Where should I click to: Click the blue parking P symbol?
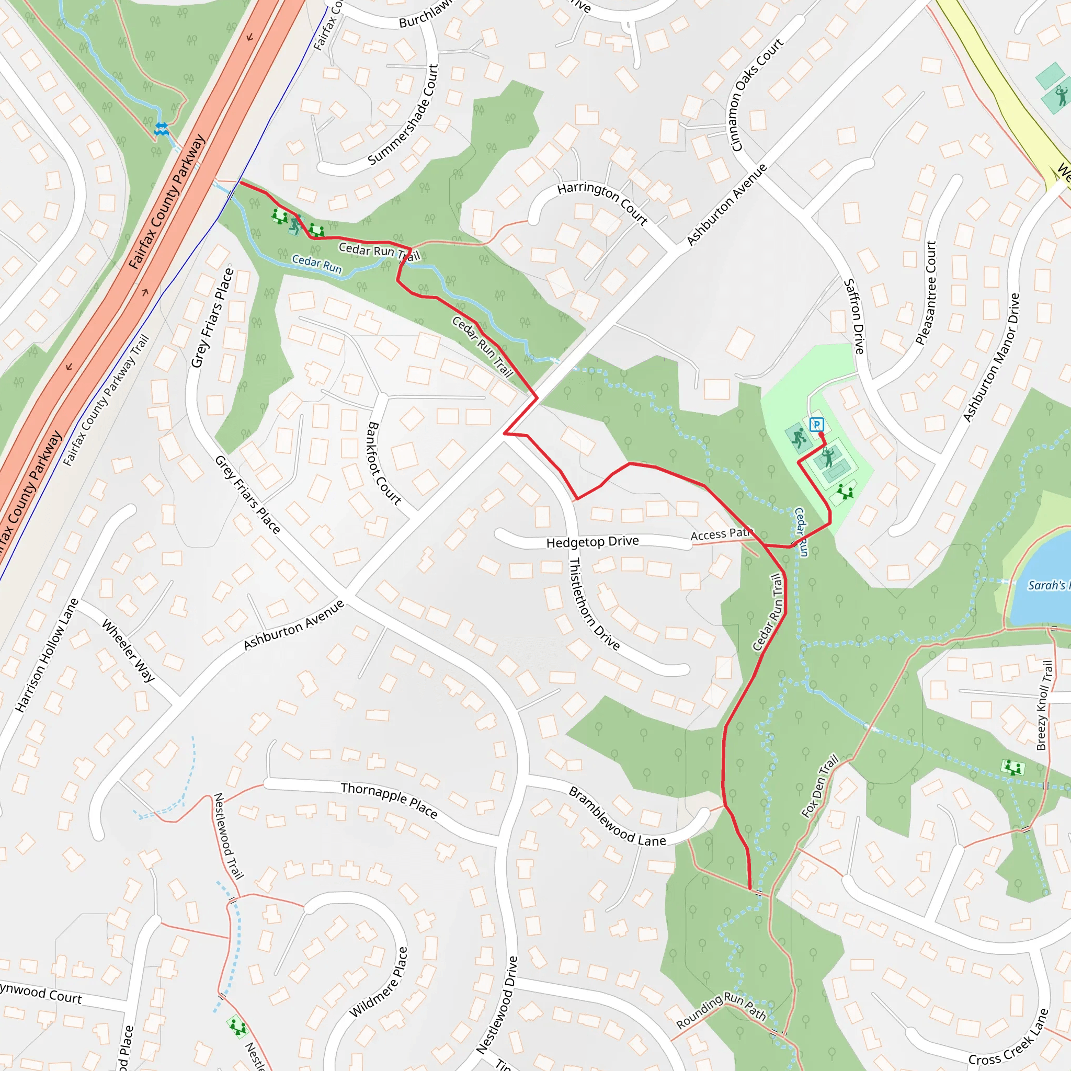pos(816,425)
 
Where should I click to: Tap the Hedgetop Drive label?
pos(592,542)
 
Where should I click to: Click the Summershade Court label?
pos(404,115)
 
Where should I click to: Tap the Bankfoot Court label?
pos(384,463)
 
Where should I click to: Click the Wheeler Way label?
pos(128,650)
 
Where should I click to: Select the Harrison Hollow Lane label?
pos(47,655)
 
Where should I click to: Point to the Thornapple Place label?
pos(389,800)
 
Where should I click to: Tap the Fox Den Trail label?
pos(820,786)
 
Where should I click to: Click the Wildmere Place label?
pos(379,982)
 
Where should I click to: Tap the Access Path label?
pos(720,534)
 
